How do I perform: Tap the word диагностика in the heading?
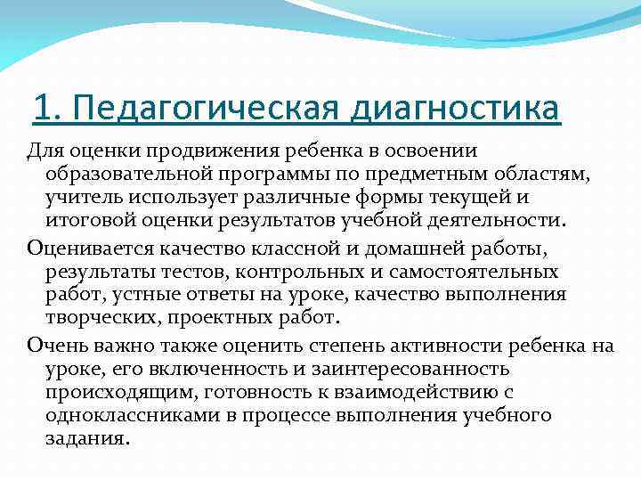456,111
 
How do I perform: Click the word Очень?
56,345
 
